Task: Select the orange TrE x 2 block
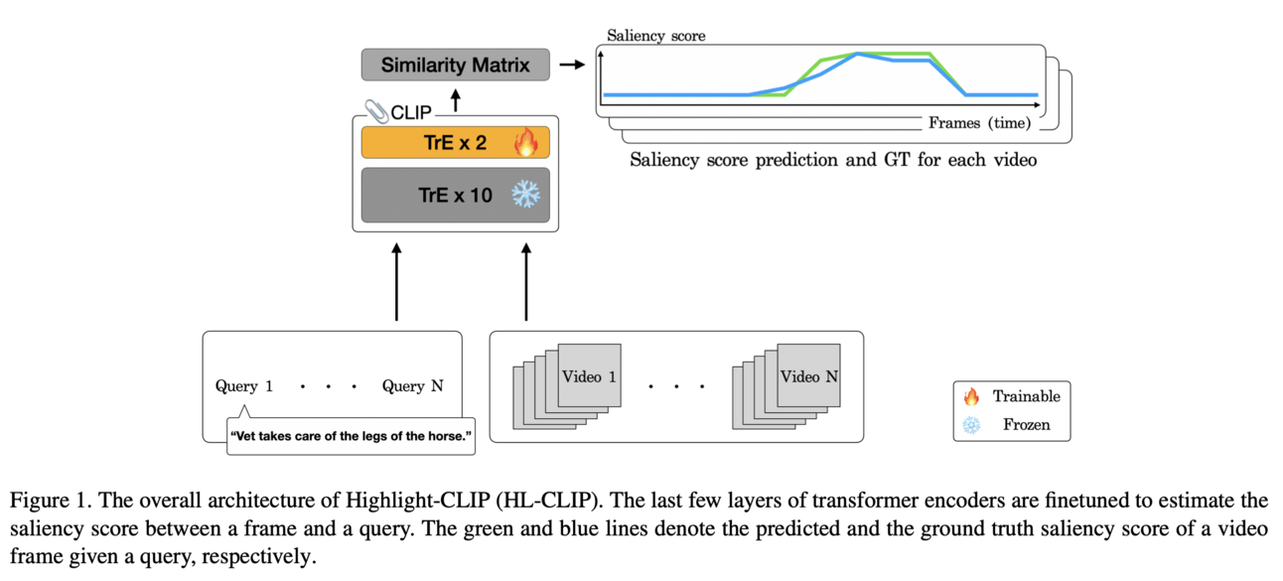(455, 142)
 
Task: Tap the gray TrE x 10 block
(455, 195)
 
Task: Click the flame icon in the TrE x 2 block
(524, 142)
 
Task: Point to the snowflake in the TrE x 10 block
(524, 195)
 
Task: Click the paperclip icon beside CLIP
(376, 110)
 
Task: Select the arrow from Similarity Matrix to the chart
(571, 66)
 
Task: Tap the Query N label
(412, 386)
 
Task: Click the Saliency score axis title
(655, 37)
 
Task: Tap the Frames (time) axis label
(978, 123)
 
